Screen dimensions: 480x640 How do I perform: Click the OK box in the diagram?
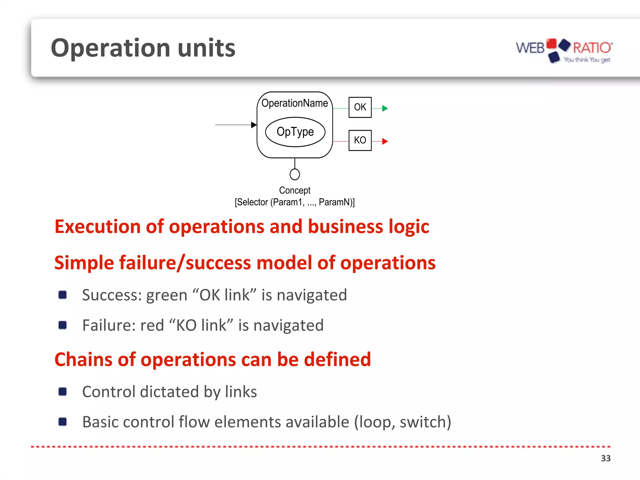(360, 107)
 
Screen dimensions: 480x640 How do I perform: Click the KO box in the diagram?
(360, 140)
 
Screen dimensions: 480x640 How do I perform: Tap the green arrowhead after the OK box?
(385, 108)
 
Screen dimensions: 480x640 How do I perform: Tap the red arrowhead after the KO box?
(385, 142)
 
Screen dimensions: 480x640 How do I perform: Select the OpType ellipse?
(295, 132)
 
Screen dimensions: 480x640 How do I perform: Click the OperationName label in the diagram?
(294, 103)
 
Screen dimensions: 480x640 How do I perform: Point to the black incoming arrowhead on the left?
(254, 125)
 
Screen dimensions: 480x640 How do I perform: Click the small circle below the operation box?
(295, 174)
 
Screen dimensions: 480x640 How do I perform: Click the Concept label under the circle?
(295, 190)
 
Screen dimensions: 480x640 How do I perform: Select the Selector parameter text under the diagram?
(295, 202)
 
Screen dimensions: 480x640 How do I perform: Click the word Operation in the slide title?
(111, 48)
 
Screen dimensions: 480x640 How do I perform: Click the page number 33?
(605, 458)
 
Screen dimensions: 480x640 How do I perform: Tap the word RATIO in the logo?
(592, 48)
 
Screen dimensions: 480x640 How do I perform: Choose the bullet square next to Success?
(62, 295)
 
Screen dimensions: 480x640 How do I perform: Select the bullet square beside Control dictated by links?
(62, 392)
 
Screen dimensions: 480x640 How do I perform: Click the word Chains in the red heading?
(83, 359)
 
